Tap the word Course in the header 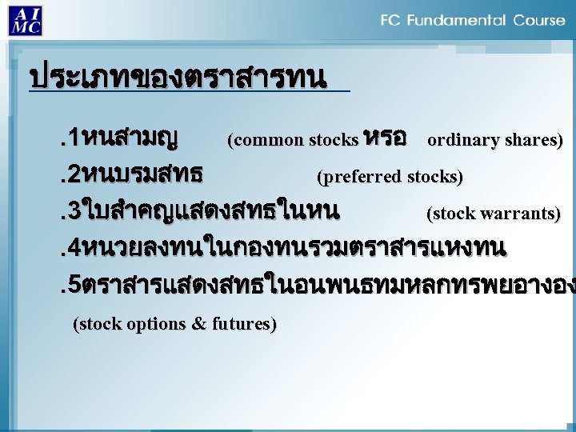tap(539, 21)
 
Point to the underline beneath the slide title tap(189, 92)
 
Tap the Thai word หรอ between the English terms tap(386, 138)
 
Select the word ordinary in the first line tap(459, 142)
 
